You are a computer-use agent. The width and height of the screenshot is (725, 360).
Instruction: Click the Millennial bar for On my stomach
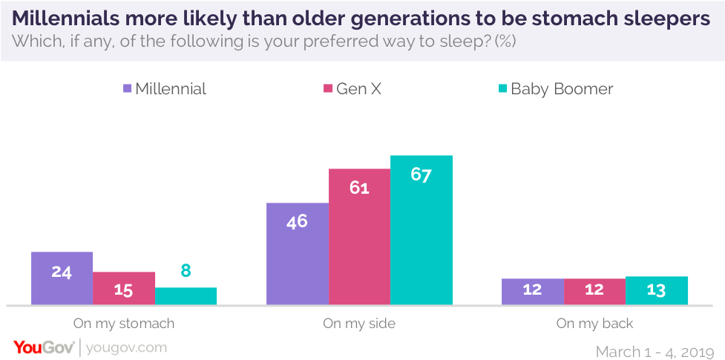pyautogui.click(x=62, y=278)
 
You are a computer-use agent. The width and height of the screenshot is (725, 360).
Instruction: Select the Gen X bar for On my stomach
pyautogui.click(x=124, y=288)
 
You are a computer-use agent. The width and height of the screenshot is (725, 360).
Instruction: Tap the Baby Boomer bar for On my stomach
pyautogui.click(x=186, y=296)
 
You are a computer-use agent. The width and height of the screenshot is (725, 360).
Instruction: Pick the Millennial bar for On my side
pyautogui.click(x=298, y=253)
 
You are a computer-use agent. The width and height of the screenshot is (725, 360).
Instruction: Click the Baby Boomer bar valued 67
pyautogui.click(x=421, y=229)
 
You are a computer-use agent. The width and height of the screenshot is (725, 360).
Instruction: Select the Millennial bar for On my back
pyautogui.click(x=532, y=292)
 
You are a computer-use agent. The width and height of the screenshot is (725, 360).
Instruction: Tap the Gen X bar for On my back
pyautogui.click(x=594, y=292)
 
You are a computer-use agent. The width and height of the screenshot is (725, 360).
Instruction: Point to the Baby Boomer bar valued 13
pyautogui.click(x=657, y=290)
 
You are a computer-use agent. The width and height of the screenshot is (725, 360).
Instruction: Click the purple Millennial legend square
pyautogui.click(x=127, y=89)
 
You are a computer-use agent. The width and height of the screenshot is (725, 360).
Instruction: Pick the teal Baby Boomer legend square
pyautogui.click(x=502, y=89)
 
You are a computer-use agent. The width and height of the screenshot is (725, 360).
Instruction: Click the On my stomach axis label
pyautogui.click(x=124, y=324)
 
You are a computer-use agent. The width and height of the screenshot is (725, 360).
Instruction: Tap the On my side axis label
pyautogui.click(x=359, y=324)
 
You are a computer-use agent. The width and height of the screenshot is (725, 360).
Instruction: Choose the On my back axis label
pyautogui.click(x=594, y=324)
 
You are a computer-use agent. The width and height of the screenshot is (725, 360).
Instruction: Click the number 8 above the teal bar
pyautogui.click(x=186, y=272)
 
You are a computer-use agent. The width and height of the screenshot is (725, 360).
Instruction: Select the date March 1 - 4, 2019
pyautogui.click(x=655, y=349)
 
